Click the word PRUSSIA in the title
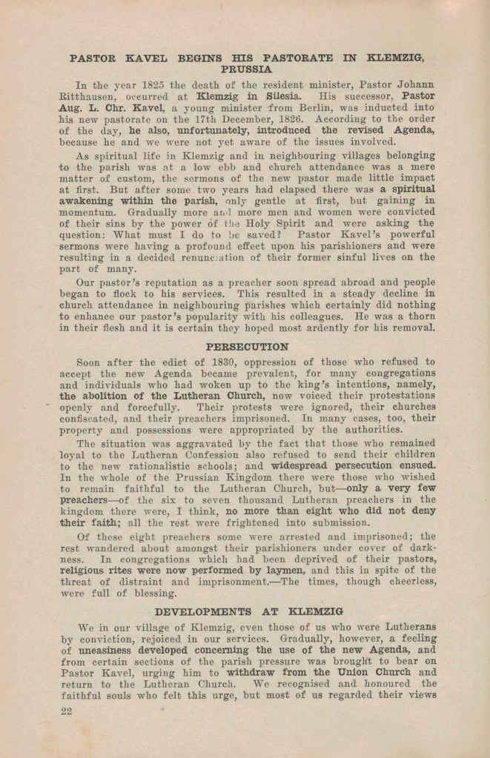point(245,69)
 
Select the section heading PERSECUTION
point(248,347)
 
